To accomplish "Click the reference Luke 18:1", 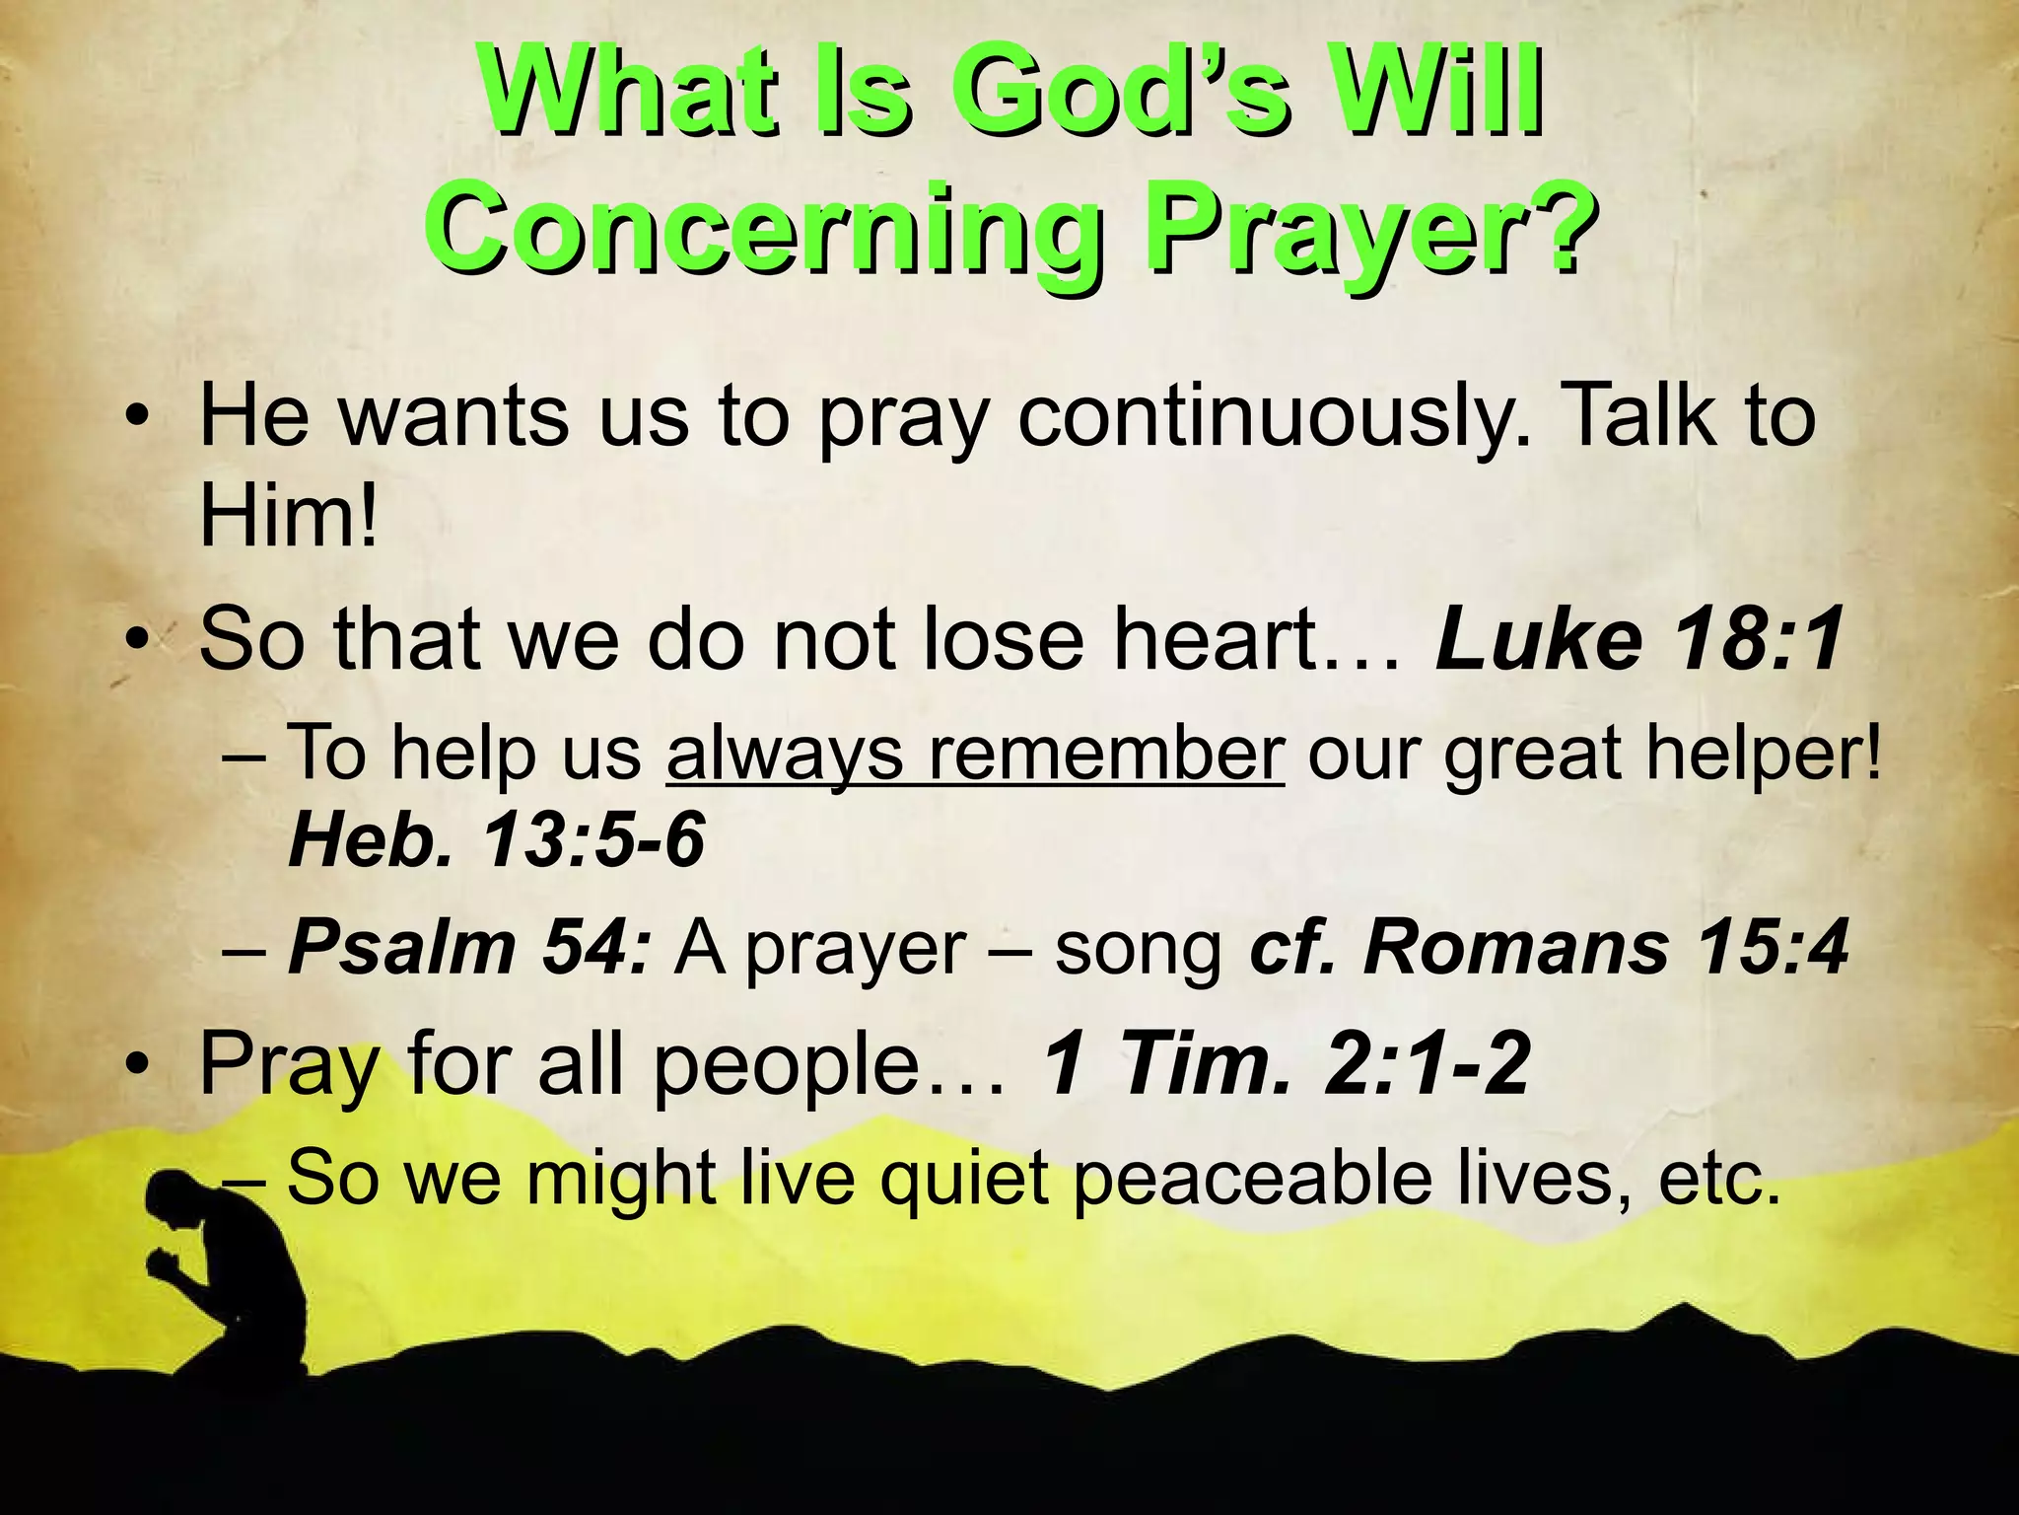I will point(1637,639).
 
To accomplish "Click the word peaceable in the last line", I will point(1252,1178).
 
